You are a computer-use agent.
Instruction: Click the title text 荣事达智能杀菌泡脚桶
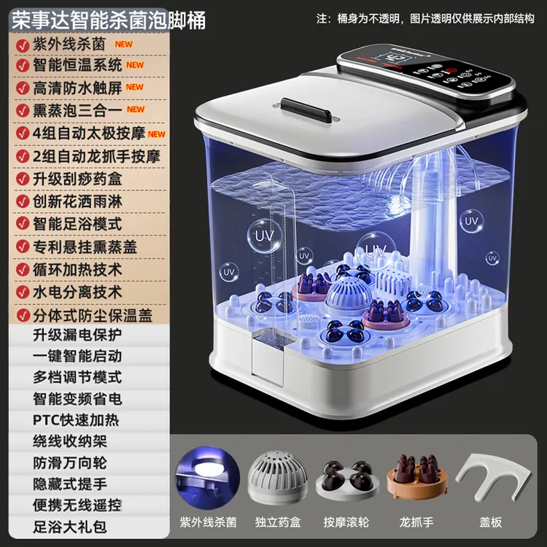[x=109, y=20]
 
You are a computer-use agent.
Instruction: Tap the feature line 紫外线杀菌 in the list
[x=69, y=44]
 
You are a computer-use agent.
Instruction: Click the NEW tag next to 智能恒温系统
[x=135, y=65]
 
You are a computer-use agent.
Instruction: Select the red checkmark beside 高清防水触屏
[x=23, y=88]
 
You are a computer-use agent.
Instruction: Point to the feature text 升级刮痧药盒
[x=77, y=179]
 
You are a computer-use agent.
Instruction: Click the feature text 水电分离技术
[x=77, y=292]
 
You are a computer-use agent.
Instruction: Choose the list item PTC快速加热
[x=76, y=420]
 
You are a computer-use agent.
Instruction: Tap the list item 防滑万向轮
[x=70, y=463]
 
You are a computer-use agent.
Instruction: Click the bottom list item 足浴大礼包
[x=70, y=527]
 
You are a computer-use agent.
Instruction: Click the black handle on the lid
[x=306, y=110]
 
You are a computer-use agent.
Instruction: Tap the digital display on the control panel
[x=392, y=58]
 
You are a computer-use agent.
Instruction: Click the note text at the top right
[x=425, y=18]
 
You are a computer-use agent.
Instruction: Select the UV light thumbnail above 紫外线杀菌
[x=207, y=475]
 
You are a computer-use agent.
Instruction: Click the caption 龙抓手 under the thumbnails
[x=416, y=522]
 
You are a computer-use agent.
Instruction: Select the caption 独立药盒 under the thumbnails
[x=278, y=522]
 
